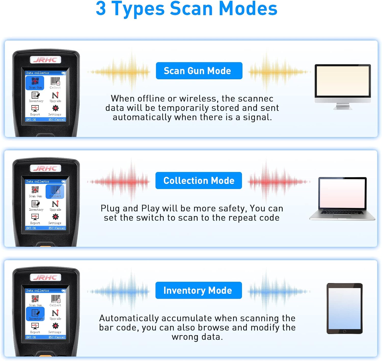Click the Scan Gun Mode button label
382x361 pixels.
[x=199, y=71]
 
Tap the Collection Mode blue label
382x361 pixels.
[x=199, y=180]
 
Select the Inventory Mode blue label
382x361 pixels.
[x=198, y=290]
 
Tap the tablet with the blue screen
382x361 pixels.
[x=345, y=308]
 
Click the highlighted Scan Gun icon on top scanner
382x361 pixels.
[x=35, y=83]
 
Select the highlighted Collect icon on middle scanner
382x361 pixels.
[x=55, y=192]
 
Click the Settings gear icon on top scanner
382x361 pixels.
[x=55, y=108]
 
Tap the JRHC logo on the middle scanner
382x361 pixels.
[x=46, y=168]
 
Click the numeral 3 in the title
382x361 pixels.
[x=101, y=9]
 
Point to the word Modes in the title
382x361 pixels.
[x=248, y=9]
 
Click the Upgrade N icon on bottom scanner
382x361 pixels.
[x=55, y=313]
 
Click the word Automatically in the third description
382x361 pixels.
[x=129, y=318]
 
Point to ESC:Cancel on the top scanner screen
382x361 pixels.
[x=57, y=119]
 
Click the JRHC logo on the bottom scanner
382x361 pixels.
[x=46, y=277]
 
